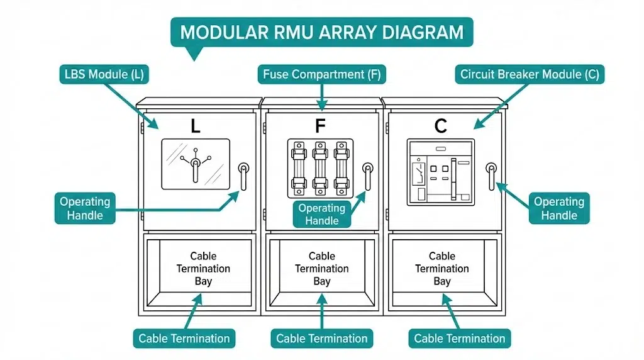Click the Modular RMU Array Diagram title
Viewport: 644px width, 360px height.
click(322, 32)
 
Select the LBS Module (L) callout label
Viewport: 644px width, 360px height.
click(104, 74)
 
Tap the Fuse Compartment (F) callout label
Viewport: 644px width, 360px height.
click(322, 74)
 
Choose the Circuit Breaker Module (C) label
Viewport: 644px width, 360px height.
click(530, 74)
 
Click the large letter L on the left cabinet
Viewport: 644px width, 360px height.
click(196, 127)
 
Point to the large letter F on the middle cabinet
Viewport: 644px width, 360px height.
click(321, 127)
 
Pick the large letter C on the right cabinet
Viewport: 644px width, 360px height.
click(441, 127)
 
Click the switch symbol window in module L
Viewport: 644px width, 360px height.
click(196, 164)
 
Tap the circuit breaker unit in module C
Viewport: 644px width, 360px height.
click(440, 172)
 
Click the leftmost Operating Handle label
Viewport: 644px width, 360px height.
click(84, 208)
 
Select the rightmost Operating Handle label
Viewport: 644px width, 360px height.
click(558, 208)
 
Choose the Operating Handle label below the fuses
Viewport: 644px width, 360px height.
click(322, 214)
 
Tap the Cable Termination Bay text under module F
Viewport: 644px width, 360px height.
click(322, 269)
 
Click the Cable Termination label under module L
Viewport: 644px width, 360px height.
click(184, 338)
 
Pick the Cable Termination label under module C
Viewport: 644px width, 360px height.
click(459, 338)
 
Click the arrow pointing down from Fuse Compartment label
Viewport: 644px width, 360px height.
click(322, 98)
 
